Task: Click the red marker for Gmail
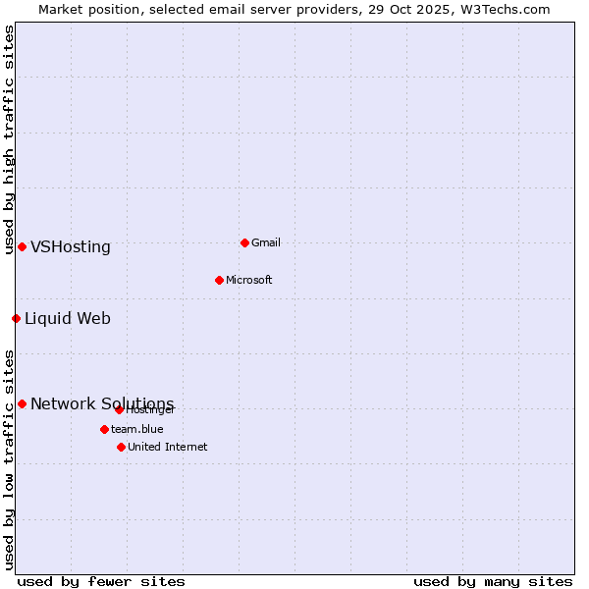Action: point(244,242)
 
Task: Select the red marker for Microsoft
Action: point(219,280)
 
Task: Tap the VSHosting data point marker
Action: point(22,246)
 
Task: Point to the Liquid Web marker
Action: point(16,318)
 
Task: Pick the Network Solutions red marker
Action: point(22,403)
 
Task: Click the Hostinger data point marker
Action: point(119,409)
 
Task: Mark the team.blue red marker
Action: point(104,429)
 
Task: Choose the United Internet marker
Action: point(121,447)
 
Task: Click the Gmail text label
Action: point(266,242)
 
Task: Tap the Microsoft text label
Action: point(249,280)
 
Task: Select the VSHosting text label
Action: point(71,246)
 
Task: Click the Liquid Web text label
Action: point(68,318)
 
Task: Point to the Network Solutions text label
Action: point(102,403)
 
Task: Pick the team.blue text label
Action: point(137,429)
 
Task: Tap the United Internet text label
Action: point(168,447)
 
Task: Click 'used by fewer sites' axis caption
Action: point(101,581)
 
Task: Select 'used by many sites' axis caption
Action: point(493,581)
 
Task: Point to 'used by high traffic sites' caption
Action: point(9,139)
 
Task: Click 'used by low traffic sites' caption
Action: point(9,459)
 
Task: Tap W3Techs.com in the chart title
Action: point(507,9)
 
